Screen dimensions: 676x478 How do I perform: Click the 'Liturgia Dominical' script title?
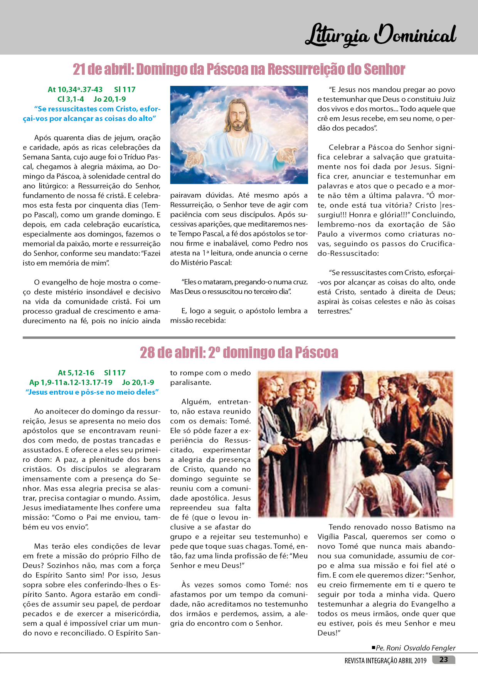tap(380, 35)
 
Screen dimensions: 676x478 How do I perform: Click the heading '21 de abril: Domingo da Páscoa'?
tap(239, 69)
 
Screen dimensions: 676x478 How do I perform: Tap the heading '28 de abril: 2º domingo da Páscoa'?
tap(239, 352)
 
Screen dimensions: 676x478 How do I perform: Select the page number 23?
tap(444, 659)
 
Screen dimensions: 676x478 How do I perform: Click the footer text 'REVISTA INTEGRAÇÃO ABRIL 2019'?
tap(385, 661)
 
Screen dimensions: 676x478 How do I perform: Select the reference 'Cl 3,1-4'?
tap(70, 99)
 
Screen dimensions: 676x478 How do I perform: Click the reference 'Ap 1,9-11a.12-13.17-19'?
tap(71, 382)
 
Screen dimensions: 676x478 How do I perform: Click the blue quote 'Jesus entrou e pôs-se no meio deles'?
tap(92, 392)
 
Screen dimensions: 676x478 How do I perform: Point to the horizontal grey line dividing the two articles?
tap(239, 338)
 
